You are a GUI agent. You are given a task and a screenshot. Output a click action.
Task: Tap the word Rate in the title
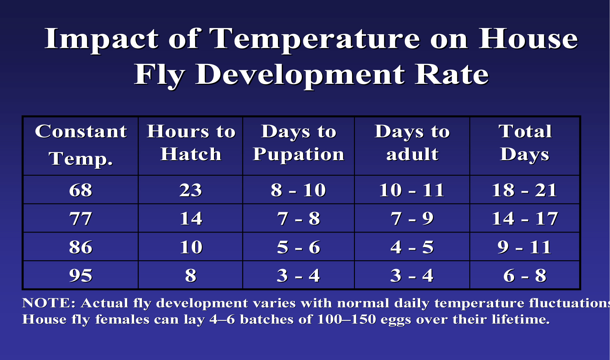[452, 74]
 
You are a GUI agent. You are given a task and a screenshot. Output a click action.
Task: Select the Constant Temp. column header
[81, 145]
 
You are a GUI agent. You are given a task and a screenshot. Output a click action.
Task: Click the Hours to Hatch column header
[191, 143]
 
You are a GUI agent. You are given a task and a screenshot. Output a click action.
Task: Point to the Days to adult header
[412, 143]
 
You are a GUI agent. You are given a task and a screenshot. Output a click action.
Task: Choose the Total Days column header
[525, 143]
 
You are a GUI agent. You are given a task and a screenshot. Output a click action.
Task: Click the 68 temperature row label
[81, 190]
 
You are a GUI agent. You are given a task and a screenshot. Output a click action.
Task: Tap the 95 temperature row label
[81, 276]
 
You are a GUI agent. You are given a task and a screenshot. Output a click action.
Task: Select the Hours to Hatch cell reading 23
[191, 190]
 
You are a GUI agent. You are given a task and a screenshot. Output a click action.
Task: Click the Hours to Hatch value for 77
[191, 218]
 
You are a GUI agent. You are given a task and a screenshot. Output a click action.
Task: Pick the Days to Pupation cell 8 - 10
[298, 190]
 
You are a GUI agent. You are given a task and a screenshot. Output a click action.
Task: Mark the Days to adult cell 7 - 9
[412, 218]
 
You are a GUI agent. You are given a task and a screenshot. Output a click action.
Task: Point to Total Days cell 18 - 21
[525, 190]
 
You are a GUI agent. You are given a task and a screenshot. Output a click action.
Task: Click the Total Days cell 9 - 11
[525, 247]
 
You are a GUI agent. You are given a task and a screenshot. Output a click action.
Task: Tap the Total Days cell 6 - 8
[525, 276]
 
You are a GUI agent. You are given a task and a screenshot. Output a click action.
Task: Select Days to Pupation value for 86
[298, 247]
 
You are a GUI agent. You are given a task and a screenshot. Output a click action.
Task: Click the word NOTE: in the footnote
[49, 303]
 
